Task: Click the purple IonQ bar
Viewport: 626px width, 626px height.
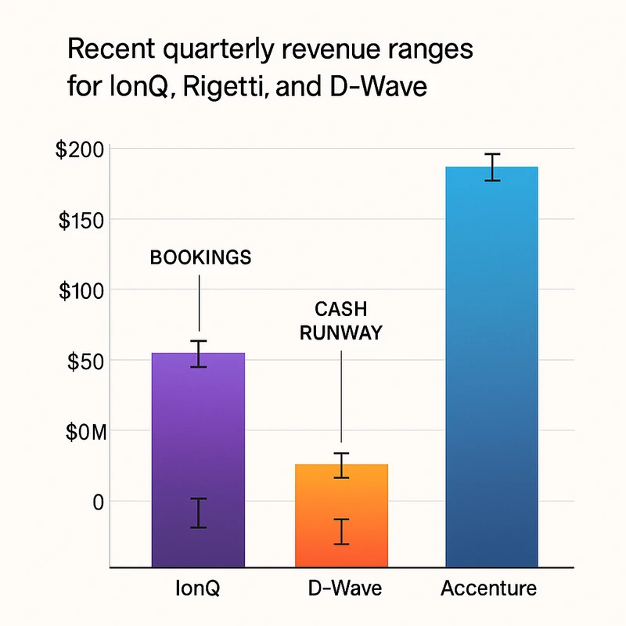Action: pos(199,454)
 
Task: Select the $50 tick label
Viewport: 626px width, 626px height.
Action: pos(87,361)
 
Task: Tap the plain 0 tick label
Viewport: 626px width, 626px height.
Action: pos(99,502)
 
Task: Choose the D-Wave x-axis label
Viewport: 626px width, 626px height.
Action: pos(340,588)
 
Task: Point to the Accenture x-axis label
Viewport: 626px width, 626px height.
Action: pos(489,588)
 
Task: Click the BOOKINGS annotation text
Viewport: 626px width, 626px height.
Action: pos(200,257)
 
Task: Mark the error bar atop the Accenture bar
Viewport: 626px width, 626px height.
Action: pos(492,167)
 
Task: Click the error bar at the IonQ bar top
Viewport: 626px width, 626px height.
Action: pos(200,354)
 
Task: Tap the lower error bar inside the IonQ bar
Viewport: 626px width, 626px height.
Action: pos(199,513)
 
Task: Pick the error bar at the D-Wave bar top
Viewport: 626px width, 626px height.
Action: pos(341,466)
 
